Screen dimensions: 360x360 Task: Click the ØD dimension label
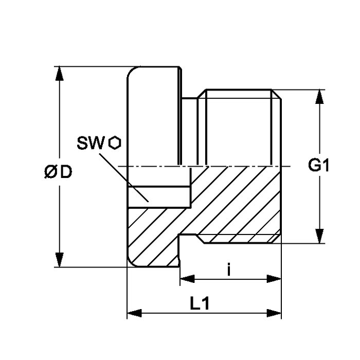[58, 172]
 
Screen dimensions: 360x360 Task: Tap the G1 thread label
[318, 165]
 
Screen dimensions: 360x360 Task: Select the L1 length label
[200, 303]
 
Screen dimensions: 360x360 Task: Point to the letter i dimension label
[228, 270]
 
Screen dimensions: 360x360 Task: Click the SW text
[91, 143]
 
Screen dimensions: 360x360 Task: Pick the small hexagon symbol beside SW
[115, 143]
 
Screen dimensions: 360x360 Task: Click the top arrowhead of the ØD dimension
[60, 74]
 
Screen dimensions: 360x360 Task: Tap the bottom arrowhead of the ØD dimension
[60, 260]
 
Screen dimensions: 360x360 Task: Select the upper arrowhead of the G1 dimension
[319, 97]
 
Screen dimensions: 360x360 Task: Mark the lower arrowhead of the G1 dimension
[319, 236]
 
